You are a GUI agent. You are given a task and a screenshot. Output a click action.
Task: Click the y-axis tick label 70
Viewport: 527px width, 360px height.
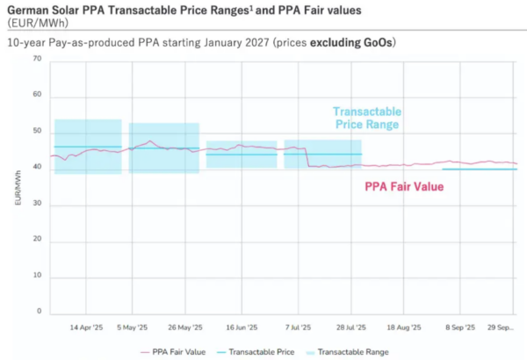(37, 59)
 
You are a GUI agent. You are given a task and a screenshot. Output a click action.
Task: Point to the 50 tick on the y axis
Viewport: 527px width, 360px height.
(37, 132)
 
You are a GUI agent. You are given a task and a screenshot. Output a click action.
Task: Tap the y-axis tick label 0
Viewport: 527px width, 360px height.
(39, 312)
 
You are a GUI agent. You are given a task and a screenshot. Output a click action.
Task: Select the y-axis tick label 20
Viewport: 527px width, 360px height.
(37, 240)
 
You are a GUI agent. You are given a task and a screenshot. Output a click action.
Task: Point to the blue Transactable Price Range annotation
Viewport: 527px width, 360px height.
(366, 118)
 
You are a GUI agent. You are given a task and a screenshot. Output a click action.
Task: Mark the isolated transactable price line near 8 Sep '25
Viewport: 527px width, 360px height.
(479, 169)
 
